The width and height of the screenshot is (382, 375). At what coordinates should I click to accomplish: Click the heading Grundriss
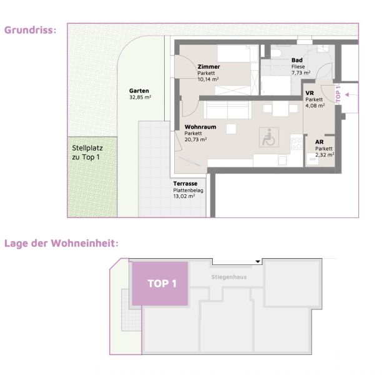(30, 30)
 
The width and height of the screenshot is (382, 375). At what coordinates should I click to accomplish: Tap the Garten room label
(139, 91)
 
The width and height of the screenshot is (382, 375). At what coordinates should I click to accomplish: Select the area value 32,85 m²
(140, 97)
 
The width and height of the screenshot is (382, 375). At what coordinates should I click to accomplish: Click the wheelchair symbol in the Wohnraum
(269, 137)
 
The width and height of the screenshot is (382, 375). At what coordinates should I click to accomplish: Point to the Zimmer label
(208, 67)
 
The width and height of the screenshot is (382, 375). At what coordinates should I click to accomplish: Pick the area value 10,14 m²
(208, 79)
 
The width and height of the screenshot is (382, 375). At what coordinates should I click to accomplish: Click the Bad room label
(297, 60)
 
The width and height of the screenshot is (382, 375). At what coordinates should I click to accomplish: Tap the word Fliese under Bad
(298, 67)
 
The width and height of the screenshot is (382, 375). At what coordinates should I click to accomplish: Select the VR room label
(310, 93)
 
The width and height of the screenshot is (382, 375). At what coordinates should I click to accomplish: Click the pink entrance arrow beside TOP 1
(351, 94)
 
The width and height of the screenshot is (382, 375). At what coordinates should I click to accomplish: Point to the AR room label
(320, 142)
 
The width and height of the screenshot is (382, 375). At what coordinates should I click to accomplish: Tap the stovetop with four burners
(296, 144)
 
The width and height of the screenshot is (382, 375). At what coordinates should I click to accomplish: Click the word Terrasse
(185, 184)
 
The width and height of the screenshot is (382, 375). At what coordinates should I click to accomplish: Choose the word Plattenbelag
(188, 190)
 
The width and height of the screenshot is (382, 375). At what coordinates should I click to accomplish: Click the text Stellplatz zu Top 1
(87, 152)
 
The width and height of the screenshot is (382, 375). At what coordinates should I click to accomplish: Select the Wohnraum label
(200, 127)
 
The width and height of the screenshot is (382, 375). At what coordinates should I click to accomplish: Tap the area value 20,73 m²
(195, 139)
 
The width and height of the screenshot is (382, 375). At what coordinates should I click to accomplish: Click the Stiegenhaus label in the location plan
(229, 277)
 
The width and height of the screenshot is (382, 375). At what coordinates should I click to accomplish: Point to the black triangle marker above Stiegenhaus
(258, 262)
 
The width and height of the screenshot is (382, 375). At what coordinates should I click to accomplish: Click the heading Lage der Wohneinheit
(61, 243)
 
